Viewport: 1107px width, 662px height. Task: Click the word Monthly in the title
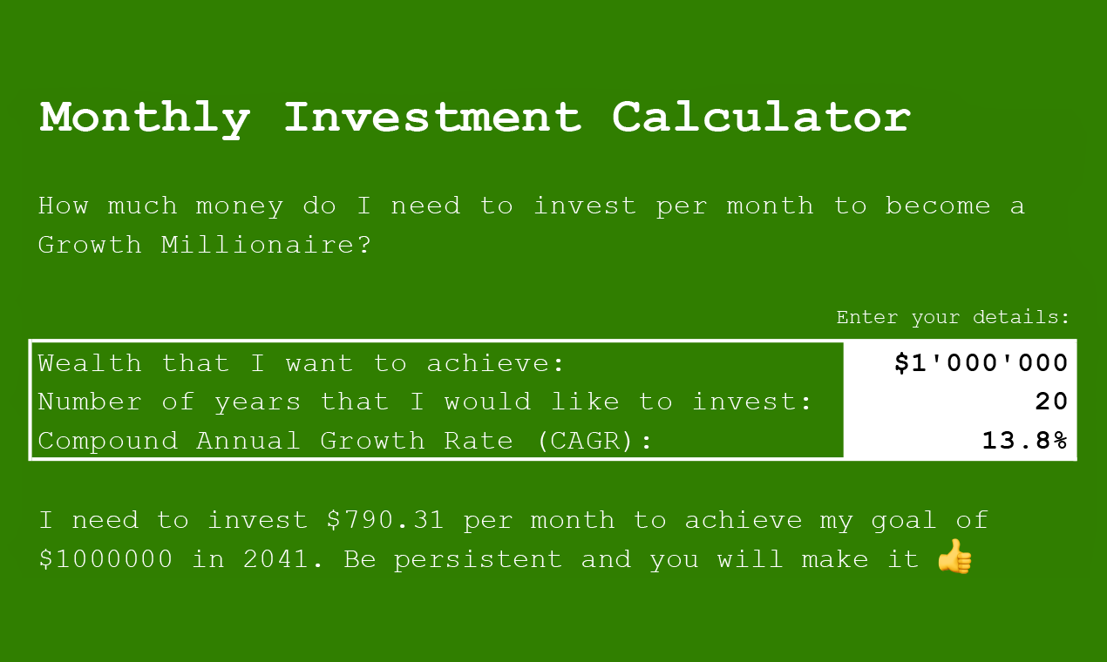145,118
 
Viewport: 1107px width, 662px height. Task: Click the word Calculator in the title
761,118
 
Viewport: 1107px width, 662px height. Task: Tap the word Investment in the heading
431,118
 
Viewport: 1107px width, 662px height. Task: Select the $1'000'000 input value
981,363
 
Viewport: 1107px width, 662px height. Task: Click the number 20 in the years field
1051,402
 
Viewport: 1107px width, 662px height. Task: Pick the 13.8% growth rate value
1024,441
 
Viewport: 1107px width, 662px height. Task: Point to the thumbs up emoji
954,557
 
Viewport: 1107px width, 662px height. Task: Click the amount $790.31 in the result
385,521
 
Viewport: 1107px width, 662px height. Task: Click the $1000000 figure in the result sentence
106,559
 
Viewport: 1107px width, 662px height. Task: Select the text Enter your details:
953,318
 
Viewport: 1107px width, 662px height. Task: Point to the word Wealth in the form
90,363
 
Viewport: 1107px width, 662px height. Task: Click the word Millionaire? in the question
266,245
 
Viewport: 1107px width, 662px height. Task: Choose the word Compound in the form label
107,441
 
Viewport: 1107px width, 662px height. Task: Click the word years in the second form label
257,402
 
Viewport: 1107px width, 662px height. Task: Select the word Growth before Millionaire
90,245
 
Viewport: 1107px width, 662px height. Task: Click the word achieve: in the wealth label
496,363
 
